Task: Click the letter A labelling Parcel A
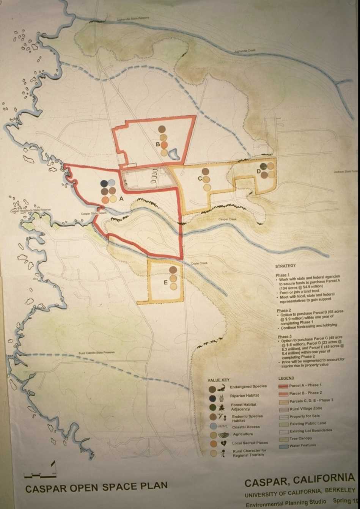click(x=121, y=198)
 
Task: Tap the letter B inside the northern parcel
click(x=157, y=144)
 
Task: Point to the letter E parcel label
click(x=165, y=283)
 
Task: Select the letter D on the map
click(x=259, y=171)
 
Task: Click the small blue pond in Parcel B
click(x=174, y=154)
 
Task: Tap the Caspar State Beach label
click(x=94, y=214)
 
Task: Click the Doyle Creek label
click(x=199, y=263)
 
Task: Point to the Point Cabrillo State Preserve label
click(x=96, y=353)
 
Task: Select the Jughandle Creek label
click(x=243, y=50)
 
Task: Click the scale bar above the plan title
click(x=40, y=474)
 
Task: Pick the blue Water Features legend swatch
click(x=283, y=446)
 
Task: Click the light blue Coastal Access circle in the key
click(x=213, y=426)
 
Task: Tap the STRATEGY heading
click(x=285, y=266)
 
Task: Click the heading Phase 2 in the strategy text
click(x=283, y=311)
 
